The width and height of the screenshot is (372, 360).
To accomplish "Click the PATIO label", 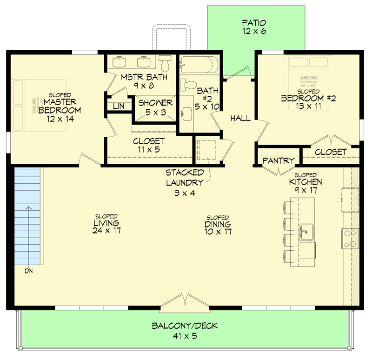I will click(x=253, y=23).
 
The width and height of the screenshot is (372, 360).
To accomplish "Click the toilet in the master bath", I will click(x=165, y=63).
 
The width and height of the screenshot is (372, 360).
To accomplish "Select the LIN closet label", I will click(x=119, y=106).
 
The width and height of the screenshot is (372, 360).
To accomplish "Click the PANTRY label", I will click(x=278, y=161).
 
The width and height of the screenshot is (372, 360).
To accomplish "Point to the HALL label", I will click(x=240, y=119).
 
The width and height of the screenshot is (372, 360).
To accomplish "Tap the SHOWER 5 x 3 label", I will click(x=155, y=107).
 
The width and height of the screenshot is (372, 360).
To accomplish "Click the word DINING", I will click(x=218, y=224).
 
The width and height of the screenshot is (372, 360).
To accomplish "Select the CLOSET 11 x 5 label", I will click(x=148, y=145).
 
